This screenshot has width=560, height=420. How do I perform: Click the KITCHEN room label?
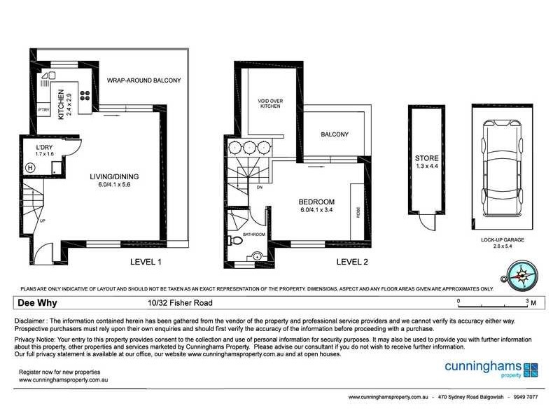(61, 104)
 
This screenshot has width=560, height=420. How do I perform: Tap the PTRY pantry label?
(43, 109)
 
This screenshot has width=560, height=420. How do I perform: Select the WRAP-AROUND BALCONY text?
(143, 80)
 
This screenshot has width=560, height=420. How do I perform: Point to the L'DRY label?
(45, 148)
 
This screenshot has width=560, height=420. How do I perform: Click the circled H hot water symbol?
(31, 167)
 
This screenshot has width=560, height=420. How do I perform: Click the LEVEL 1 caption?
(146, 262)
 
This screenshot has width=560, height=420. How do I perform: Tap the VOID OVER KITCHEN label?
(269, 103)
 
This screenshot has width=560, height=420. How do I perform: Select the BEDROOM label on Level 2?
(317, 202)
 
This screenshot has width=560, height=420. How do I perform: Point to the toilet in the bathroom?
(237, 242)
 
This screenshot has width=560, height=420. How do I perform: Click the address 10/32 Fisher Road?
(176, 303)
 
